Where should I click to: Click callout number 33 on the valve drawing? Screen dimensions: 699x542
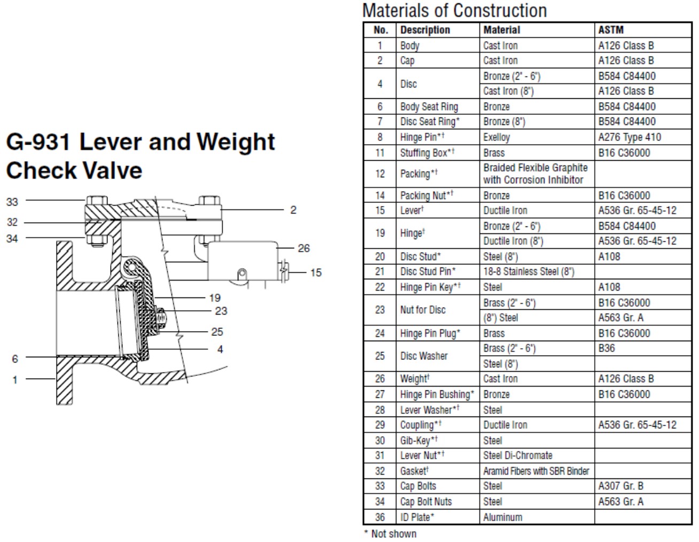point(12,202)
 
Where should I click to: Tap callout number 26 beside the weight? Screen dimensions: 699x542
point(304,248)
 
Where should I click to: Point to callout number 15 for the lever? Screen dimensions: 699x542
point(316,272)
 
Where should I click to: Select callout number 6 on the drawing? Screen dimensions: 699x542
point(15,358)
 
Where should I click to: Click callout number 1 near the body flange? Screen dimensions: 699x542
point(15,380)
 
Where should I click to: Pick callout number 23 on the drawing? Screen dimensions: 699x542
point(221,311)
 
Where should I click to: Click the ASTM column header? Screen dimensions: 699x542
point(610,30)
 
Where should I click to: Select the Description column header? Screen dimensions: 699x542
point(425,30)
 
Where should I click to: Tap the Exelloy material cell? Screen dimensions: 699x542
point(496,137)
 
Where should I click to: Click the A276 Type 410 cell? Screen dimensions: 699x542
point(630,137)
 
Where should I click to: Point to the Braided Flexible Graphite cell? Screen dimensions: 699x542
point(535,174)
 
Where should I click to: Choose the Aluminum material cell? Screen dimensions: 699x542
point(502,517)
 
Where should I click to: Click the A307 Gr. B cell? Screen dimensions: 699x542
point(620,486)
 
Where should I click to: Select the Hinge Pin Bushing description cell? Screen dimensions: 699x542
point(437,394)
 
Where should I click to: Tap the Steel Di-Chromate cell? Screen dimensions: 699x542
point(518,455)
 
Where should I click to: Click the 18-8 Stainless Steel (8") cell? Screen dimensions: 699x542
point(529,271)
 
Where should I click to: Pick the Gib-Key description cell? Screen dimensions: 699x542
point(418,440)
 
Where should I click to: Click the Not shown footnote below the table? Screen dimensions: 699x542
point(390,533)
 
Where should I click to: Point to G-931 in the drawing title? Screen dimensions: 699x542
point(38,142)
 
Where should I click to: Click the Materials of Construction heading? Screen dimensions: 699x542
point(455,10)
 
